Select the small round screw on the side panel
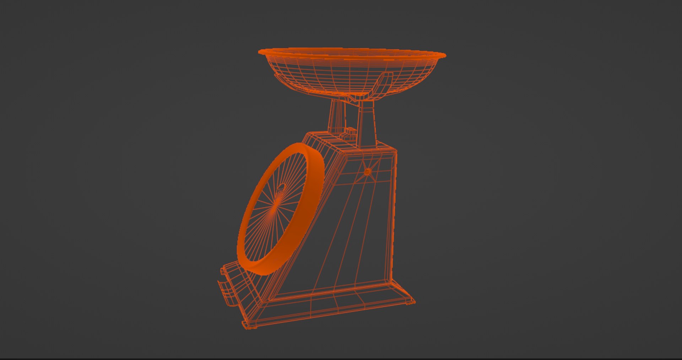[x=368, y=172]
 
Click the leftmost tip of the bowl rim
[x=260, y=52]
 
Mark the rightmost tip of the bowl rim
[x=445, y=55]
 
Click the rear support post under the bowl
[x=336, y=115]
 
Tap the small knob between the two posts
[x=350, y=133]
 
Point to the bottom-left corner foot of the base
[x=249, y=326]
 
